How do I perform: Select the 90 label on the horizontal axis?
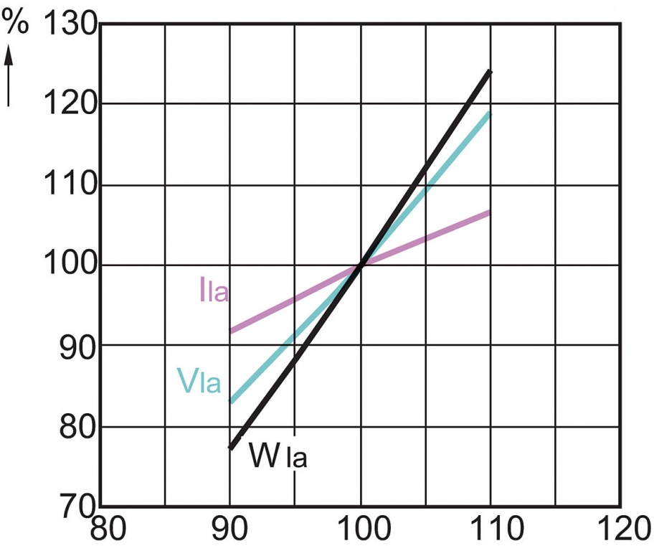231,531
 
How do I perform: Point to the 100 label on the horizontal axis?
361,531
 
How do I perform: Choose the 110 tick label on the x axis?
490,531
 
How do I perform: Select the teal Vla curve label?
198,381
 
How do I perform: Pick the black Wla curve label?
278,455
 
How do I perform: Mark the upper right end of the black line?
490,71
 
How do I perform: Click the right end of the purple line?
490,212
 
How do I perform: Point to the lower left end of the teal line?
231,402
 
